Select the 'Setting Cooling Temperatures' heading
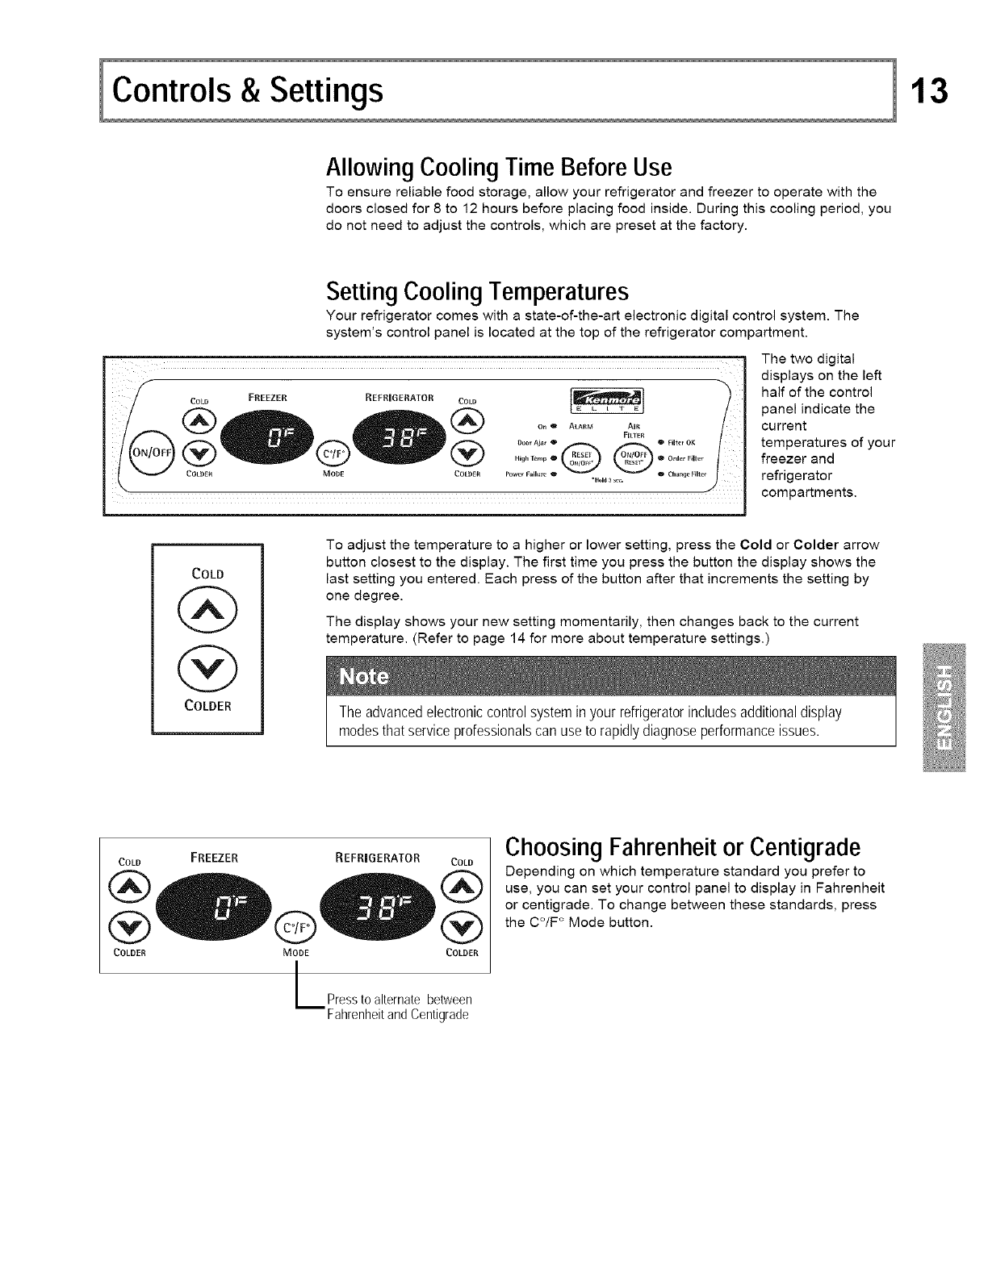(477, 290)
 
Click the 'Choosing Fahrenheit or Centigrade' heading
(682, 847)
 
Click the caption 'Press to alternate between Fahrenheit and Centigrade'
(399, 1008)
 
